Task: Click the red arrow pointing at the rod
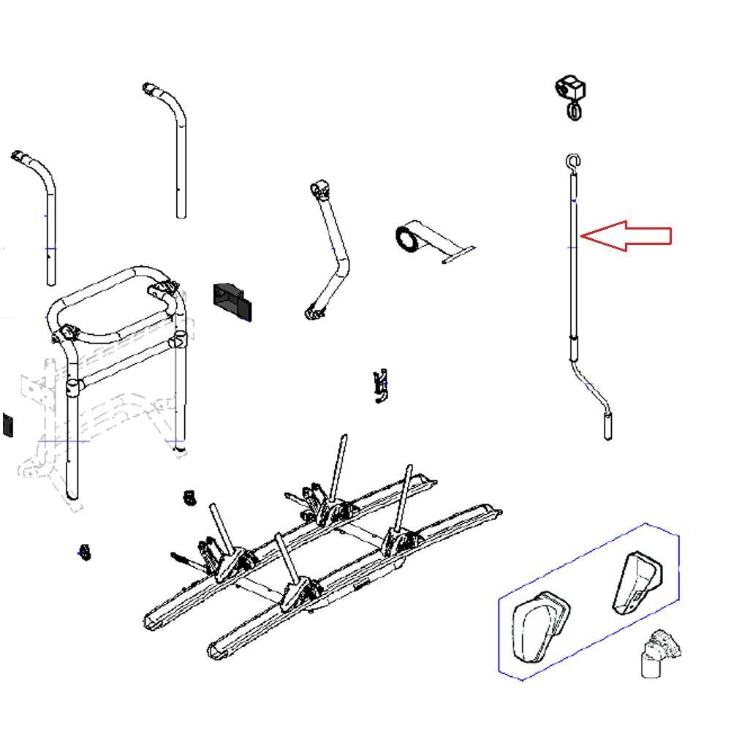click(x=629, y=235)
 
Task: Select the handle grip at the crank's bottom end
click(x=607, y=425)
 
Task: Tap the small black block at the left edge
click(x=7, y=425)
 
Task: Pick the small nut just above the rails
click(x=190, y=498)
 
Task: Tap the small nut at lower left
click(x=84, y=552)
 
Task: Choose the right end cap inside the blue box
click(x=635, y=581)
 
